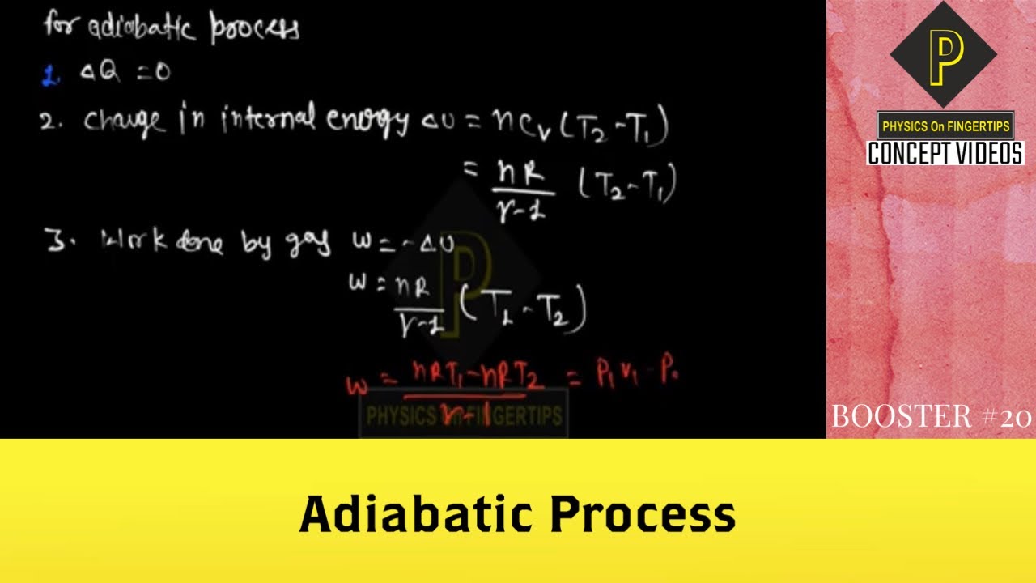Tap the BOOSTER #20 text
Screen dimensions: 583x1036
[x=931, y=416]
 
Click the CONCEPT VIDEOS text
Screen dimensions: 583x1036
[x=945, y=153]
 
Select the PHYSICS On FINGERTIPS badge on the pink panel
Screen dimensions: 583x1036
[x=945, y=126]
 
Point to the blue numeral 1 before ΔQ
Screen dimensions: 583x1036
[x=48, y=76]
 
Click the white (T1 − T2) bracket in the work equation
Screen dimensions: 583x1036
[x=522, y=308]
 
